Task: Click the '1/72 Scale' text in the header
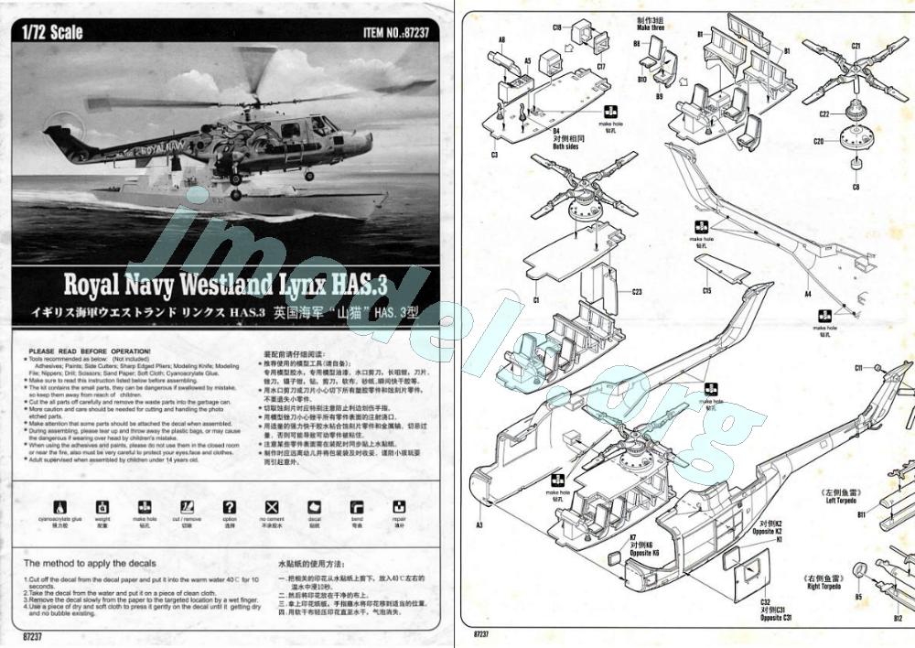coord(51,32)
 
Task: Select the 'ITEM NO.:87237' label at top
coord(401,33)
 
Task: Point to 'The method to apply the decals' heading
coord(90,563)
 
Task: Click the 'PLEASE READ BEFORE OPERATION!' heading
coord(90,351)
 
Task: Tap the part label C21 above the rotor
coord(856,45)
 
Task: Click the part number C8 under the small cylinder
coord(856,187)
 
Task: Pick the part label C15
coord(706,291)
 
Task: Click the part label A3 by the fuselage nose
coord(479,524)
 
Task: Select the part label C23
coord(637,292)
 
